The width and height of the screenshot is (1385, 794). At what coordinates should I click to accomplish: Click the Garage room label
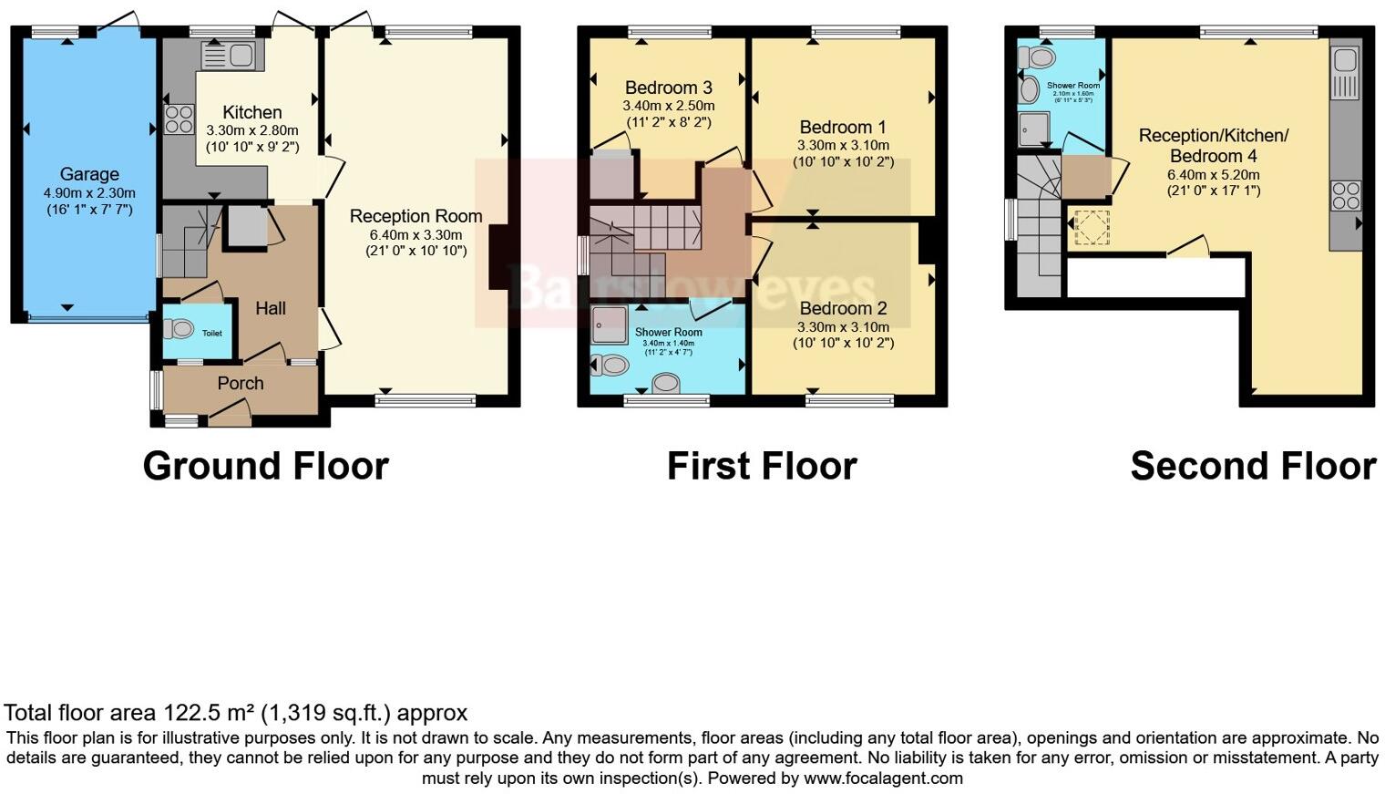click(x=89, y=174)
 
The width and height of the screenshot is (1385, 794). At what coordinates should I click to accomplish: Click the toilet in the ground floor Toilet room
click(x=179, y=328)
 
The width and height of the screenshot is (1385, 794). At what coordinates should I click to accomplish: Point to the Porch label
click(x=241, y=384)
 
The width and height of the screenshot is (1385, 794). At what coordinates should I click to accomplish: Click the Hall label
click(x=271, y=309)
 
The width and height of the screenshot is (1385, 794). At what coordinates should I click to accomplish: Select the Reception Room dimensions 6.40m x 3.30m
click(x=415, y=234)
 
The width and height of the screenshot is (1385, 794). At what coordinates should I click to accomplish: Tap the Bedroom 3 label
click(x=668, y=88)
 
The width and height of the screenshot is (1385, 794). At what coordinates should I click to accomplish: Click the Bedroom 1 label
click(x=843, y=128)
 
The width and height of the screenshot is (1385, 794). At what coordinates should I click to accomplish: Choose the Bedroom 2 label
click(x=843, y=308)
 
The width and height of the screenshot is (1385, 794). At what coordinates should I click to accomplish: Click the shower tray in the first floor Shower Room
click(x=609, y=324)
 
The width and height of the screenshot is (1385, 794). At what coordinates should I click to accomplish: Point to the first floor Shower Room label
click(x=668, y=333)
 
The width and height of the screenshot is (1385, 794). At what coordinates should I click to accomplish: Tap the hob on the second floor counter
click(x=1346, y=196)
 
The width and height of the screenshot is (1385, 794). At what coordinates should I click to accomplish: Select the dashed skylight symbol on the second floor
click(x=1090, y=227)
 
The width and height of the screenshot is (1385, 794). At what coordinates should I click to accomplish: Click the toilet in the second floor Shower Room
click(x=1036, y=58)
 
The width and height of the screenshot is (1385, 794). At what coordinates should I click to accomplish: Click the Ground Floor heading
click(x=265, y=466)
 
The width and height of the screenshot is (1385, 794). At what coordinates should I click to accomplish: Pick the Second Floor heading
click(x=1252, y=466)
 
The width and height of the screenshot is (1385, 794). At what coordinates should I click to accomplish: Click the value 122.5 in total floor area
click(x=189, y=713)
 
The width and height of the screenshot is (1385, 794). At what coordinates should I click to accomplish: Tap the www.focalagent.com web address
click(x=882, y=779)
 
